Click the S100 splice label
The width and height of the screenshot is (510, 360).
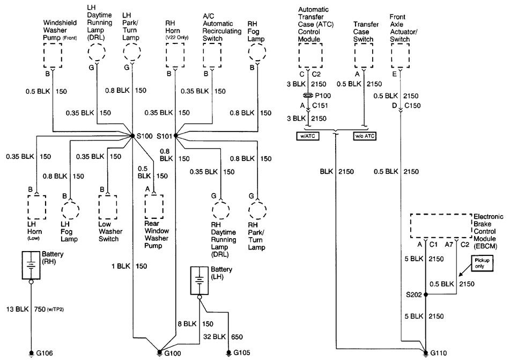(x=145, y=137)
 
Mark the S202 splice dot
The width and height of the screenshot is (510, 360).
(x=425, y=295)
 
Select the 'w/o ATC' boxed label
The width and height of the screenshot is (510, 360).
(x=364, y=136)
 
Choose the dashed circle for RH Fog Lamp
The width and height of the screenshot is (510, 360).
(x=258, y=55)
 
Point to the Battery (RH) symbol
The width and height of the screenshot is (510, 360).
(x=32, y=265)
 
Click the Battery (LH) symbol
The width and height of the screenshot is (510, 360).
(x=199, y=280)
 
